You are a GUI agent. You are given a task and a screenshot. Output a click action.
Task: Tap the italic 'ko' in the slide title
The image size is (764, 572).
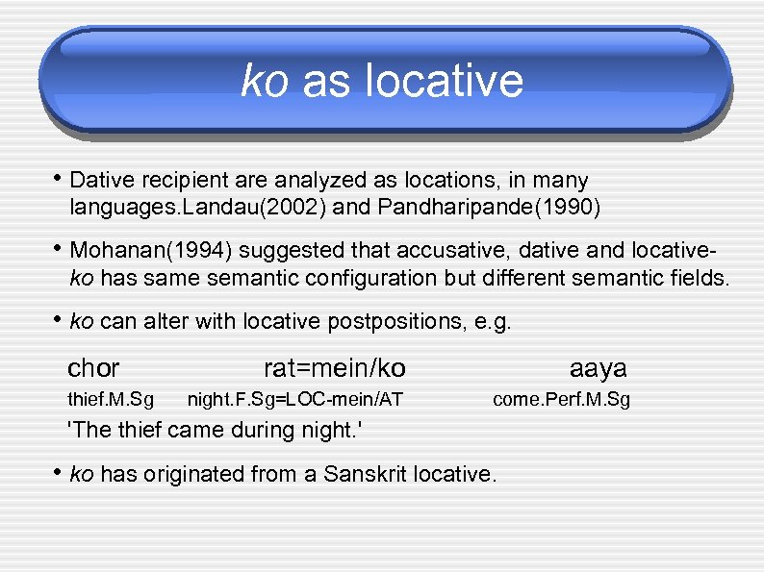264,81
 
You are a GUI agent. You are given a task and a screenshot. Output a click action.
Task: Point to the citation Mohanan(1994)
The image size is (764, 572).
152,252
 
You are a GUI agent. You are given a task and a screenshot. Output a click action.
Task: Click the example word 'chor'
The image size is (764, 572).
93,368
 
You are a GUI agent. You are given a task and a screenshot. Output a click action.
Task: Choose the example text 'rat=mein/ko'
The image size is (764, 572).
334,368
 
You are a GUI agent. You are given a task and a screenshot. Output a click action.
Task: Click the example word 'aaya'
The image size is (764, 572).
598,368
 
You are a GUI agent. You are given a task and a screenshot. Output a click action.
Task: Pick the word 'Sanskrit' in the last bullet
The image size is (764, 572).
367,473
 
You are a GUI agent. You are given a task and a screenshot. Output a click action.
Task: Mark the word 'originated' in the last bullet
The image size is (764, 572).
188,473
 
